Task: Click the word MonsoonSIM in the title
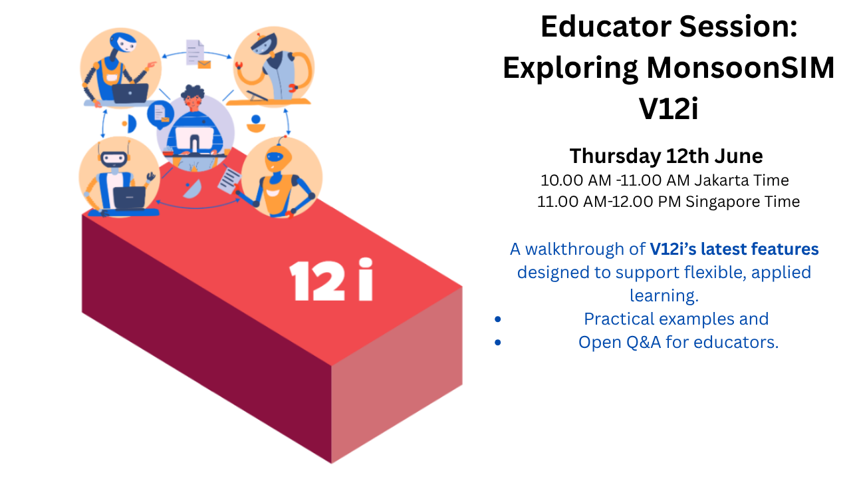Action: [741, 68]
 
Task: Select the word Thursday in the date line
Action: [615, 156]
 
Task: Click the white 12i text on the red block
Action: [331, 280]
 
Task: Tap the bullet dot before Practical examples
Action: [498, 319]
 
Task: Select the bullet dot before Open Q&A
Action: [498, 343]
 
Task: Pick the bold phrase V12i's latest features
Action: [734, 249]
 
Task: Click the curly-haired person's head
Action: [193, 98]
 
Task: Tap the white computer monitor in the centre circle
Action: [194, 140]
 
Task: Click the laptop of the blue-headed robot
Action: [130, 93]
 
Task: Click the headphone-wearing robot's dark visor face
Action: [114, 158]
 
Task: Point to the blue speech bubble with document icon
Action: [160, 114]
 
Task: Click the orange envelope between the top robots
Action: [204, 65]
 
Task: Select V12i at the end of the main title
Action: [669, 108]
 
